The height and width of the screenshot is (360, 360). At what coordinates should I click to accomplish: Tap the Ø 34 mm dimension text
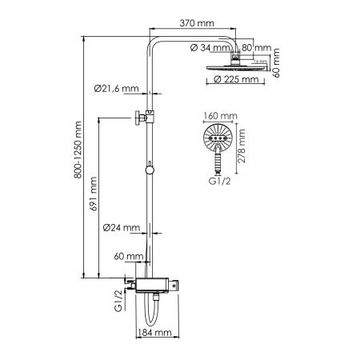210,46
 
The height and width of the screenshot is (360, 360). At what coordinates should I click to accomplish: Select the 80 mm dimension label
255,46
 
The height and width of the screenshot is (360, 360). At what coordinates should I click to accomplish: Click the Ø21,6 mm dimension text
116,89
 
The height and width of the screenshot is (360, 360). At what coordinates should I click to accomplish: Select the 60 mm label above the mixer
128,257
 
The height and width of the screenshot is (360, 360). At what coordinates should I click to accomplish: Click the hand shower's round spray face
217,139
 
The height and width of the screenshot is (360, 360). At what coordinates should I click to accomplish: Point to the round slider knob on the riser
150,170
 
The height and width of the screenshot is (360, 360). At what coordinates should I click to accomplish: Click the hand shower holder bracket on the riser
142,117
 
